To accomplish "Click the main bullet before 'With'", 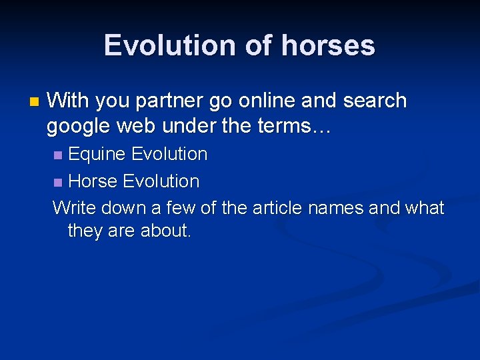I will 35,102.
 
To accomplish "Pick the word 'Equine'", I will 97,155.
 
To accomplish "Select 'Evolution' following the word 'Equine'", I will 169,154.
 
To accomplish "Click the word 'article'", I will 276,208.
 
